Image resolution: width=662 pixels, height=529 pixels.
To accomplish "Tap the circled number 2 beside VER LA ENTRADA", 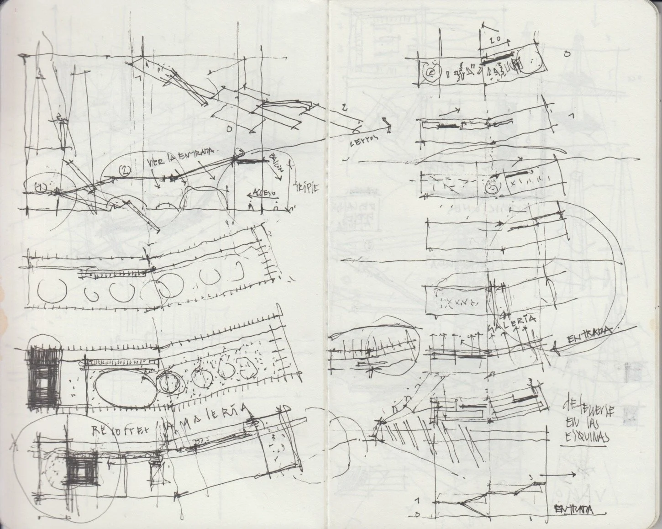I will coord(125,170).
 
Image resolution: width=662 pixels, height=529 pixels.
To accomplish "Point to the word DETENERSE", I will coord(589,408).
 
